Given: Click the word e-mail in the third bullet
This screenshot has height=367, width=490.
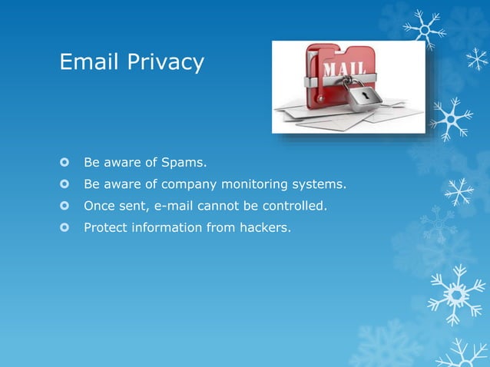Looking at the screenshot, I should point(170,206).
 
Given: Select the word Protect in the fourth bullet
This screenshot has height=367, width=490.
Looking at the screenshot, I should point(105,227).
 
